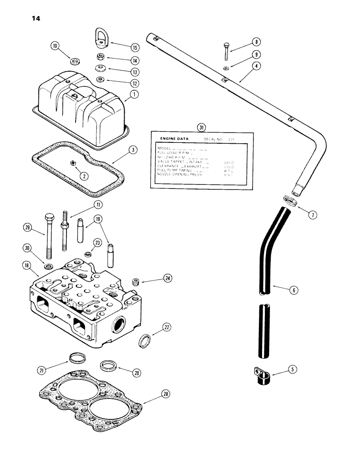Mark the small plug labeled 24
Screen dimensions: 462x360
[x=136, y=281]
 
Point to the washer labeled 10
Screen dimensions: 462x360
[x=73, y=61]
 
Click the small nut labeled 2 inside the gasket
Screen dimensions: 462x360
[x=72, y=163]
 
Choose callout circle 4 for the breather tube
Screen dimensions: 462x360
[x=257, y=66]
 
